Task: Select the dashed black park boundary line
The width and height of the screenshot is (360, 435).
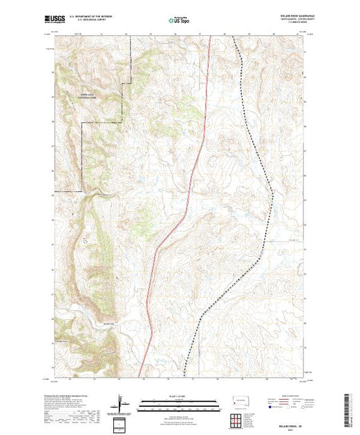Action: pos(122,104)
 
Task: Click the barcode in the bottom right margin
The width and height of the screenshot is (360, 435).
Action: pos(346,407)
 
